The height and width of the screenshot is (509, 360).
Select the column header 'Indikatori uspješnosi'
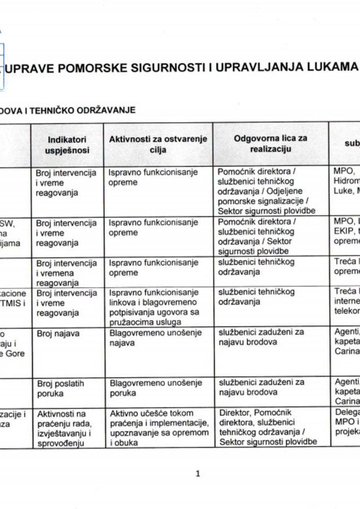click(67, 144)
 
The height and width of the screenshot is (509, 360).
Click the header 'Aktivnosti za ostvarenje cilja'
click(158, 144)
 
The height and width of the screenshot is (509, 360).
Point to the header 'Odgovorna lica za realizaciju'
click(270, 144)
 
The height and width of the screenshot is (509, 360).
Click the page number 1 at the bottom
click(198, 474)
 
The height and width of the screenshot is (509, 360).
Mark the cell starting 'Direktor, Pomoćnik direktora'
click(268, 427)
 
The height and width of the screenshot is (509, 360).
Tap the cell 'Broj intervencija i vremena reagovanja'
click(66, 273)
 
